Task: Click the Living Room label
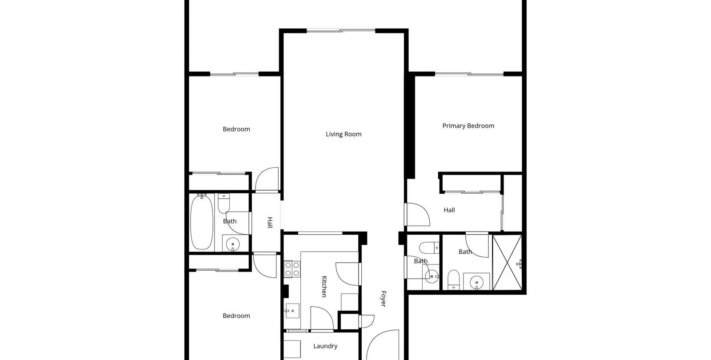pyautogui.click(x=344, y=134)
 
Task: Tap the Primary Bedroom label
pyautogui.click(x=468, y=126)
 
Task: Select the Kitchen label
pyautogui.click(x=324, y=286)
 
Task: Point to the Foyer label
pyautogui.click(x=383, y=299)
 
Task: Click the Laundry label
pyautogui.click(x=325, y=346)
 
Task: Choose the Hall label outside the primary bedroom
pyautogui.click(x=449, y=210)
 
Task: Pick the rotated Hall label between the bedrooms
pyautogui.click(x=270, y=222)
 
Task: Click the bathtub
pyautogui.click(x=202, y=222)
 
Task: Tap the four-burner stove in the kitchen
pyautogui.click(x=292, y=269)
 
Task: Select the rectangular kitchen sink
pyautogui.click(x=292, y=311)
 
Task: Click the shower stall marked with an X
pyautogui.click(x=507, y=262)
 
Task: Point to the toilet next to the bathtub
pyautogui.click(x=224, y=204)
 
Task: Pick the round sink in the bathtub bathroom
pyautogui.click(x=233, y=244)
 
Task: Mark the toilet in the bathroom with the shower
pyautogui.click(x=453, y=280)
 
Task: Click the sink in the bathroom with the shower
pyautogui.click(x=476, y=282)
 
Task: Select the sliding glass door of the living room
pyautogui.click(x=341, y=31)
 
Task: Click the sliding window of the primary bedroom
pyautogui.click(x=469, y=74)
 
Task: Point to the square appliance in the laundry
pyautogui.click(x=292, y=349)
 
